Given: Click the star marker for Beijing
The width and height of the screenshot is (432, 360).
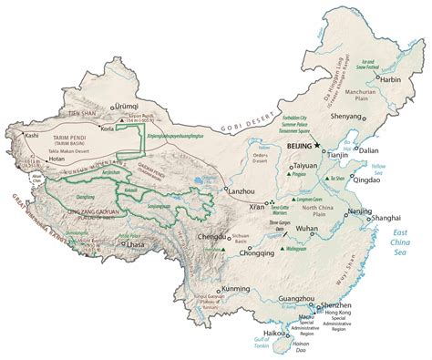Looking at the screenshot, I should pos(318,145).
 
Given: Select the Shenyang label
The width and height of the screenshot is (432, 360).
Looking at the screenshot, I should pos(345,117).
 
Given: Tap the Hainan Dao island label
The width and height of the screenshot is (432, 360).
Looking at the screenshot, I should pos(297,348).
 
